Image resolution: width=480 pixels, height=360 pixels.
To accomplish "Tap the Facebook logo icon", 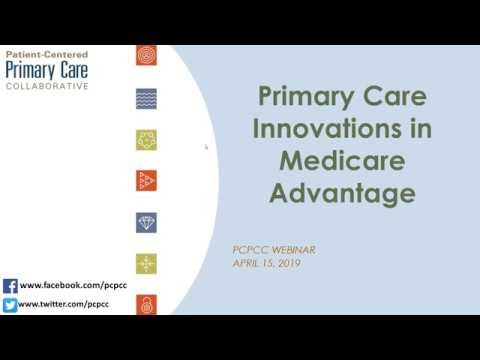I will pyautogui.click(x=10, y=285).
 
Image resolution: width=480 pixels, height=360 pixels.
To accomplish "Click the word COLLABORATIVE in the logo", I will pyautogui.click(x=47, y=86).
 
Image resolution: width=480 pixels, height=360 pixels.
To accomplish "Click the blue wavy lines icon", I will pyautogui.click(x=147, y=99).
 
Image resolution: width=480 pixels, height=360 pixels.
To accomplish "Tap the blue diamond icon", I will pyautogui.click(x=147, y=221).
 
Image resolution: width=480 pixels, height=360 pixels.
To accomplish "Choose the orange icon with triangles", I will pyautogui.click(x=147, y=181).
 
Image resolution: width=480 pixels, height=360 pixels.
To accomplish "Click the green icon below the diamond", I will pyautogui.click(x=147, y=263).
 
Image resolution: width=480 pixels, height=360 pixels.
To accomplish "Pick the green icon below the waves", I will pyautogui.click(x=147, y=140).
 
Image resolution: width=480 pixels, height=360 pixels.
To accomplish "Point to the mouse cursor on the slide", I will pyautogui.click(x=206, y=147).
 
